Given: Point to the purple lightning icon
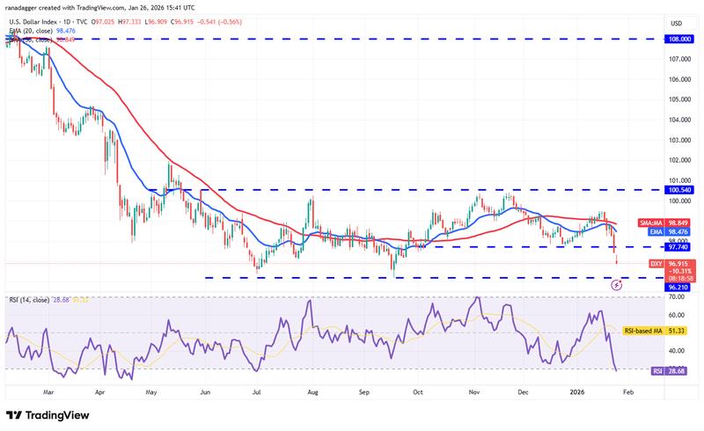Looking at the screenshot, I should click(x=616, y=284).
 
